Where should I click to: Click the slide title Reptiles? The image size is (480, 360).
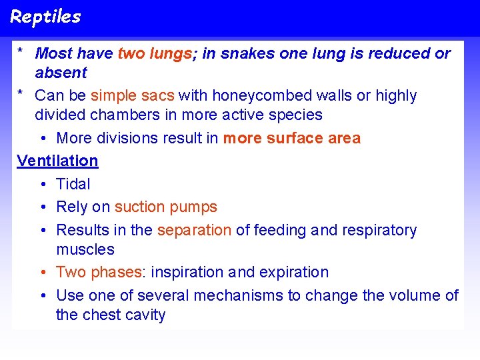coord(45,17)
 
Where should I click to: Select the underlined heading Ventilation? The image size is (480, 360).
coord(57,161)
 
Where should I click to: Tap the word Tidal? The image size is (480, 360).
coord(73,184)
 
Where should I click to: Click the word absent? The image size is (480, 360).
coord(61,73)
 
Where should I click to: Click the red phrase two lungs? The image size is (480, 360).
coord(155,53)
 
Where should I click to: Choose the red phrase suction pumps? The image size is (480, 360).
coord(166,207)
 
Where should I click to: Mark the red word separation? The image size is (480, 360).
coord(194,231)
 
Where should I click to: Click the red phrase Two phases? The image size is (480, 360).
coord(99,272)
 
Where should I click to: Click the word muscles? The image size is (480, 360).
coord(85,250)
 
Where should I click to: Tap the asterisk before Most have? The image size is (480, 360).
coord(22,52)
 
